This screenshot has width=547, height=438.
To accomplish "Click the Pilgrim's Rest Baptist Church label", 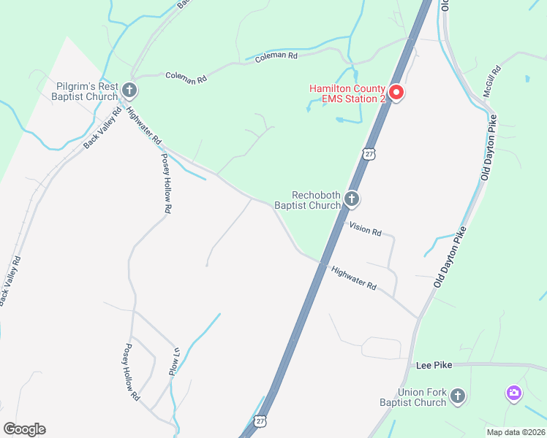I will [86, 91].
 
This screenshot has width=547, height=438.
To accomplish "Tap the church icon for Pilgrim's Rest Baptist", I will [129, 91].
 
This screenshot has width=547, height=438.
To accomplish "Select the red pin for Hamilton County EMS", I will [396, 93].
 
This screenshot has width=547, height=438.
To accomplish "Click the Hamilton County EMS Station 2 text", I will [347, 93].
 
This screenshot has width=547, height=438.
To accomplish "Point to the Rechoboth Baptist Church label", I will [307, 200].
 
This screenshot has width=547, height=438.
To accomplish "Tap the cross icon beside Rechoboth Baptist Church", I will [352, 199].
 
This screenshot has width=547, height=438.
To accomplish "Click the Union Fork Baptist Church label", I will [412, 397].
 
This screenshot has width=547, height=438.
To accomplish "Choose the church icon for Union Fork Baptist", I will [457, 396].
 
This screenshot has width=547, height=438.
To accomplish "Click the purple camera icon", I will [514, 393].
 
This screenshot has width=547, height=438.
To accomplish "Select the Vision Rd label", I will [366, 230].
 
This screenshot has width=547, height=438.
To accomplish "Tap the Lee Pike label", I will [431, 364].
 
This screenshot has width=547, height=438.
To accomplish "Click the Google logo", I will [24, 429].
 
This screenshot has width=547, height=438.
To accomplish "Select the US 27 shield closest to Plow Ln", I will [261, 421].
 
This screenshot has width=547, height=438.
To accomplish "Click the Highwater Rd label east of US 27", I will [353, 277].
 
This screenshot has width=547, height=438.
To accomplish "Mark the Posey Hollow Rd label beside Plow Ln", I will [132, 372].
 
